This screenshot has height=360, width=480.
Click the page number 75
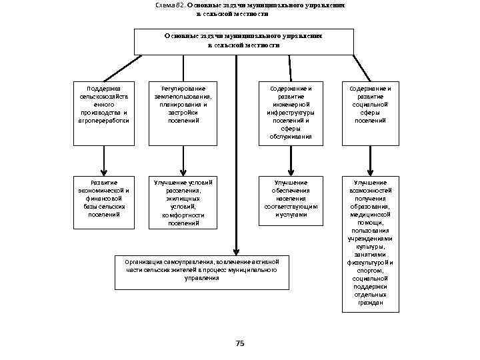pos(241,343)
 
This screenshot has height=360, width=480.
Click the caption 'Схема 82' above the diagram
pos(170,5)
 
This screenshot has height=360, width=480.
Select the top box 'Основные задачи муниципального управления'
pos(243,41)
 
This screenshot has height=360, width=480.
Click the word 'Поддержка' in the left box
pos(103,88)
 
